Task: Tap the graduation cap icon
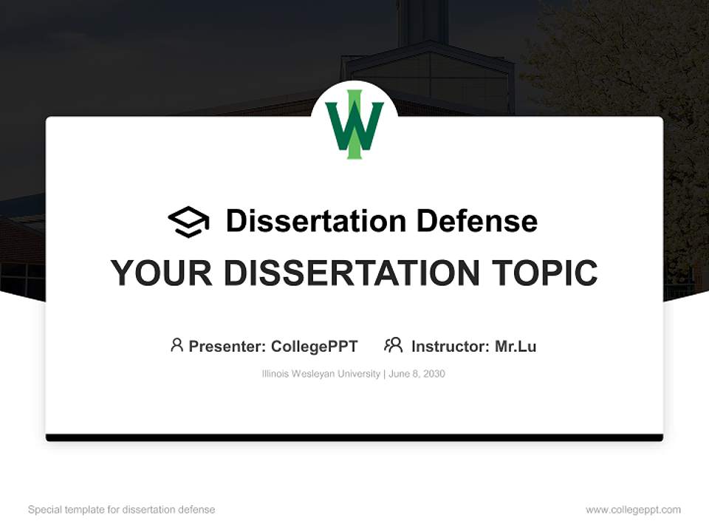[x=188, y=221]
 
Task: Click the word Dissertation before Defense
[x=315, y=221]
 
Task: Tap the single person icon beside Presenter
[x=177, y=345]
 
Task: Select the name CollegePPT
[x=315, y=346]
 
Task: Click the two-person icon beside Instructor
[x=393, y=345]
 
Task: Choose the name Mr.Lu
[x=516, y=346]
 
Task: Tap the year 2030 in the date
[x=434, y=374]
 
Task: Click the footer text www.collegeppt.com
[x=633, y=510]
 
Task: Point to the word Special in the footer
[x=44, y=510]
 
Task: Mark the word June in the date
[x=400, y=374]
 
